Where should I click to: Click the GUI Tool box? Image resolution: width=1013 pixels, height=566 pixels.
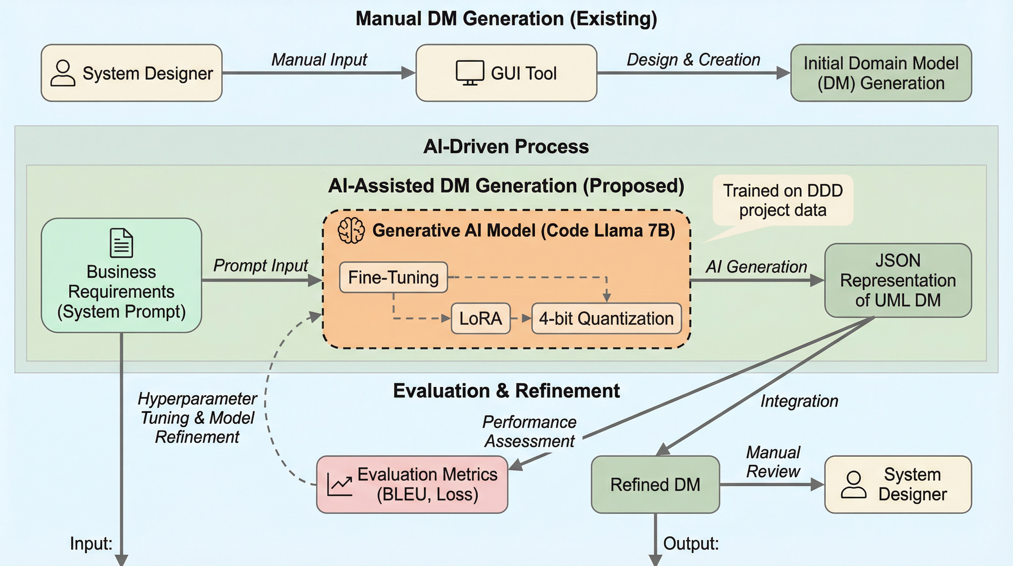pyautogui.click(x=506, y=73)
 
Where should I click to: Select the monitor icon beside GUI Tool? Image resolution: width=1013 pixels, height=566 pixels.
pyautogui.click(x=470, y=73)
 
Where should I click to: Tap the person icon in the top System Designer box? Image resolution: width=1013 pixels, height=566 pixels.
pyautogui.click(x=63, y=73)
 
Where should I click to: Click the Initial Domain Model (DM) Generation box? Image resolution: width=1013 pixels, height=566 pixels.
pyautogui.click(x=881, y=73)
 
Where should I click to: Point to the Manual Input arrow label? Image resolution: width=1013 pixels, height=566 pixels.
pyautogui.click(x=319, y=60)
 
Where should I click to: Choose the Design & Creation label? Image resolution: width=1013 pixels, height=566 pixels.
pyautogui.click(x=693, y=60)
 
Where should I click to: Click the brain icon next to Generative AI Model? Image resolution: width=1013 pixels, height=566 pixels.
pyautogui.click(x=351, y=231)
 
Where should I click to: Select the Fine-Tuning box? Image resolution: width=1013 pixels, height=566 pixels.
pyautogui.click(x=393, y=277)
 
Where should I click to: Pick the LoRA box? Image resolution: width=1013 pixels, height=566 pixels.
pyautogui.click(x=480, y=318)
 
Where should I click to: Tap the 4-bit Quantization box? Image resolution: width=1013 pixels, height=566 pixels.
pyautogui.click(x=606, y=318)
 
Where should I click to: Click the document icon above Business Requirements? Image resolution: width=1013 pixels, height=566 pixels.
pyautogui.click(x=121, y=243)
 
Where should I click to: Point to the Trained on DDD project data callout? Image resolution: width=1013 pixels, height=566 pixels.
pyautogui.click(x=783, y=200)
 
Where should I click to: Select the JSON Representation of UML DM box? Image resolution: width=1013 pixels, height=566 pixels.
pyautogui.click(x=898, y=280)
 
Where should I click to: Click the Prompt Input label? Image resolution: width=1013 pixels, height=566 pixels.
pyautogui.click(x=260, y=266)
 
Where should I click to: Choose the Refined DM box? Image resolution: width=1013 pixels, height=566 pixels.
pyautogui.click(x=655, y=485)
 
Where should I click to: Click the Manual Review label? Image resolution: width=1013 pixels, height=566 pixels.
pyautogui.click(x=773, y=462)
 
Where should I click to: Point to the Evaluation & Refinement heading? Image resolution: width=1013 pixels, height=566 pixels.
pyautogui.click(x=506, y=391)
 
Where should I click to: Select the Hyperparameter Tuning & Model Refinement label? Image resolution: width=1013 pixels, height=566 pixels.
pyautogui.click(x=197, y=418)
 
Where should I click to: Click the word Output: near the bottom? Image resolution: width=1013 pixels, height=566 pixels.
pyautogui.click(x=691, y=544)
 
